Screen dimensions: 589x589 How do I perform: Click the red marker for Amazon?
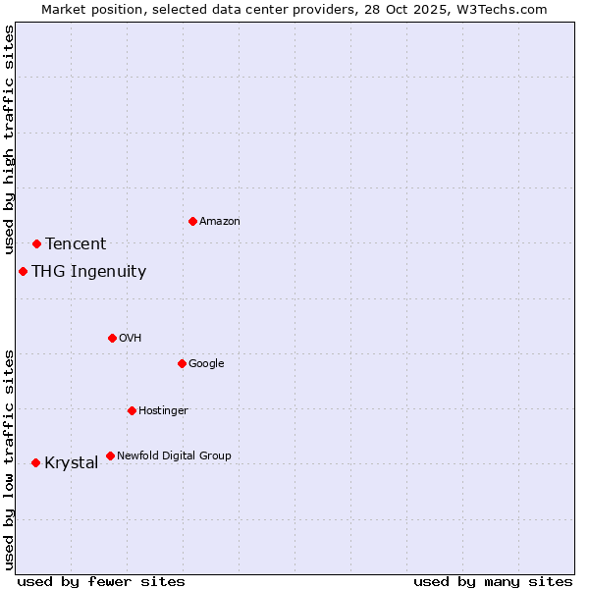(x=192, y=221)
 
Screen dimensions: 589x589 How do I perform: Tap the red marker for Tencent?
(x=36, y=243)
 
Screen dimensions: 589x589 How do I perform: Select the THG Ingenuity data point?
(x=23, y=271)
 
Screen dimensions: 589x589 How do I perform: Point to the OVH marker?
(x=112, y=338)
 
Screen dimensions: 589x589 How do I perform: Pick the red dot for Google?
(x=182, y=363)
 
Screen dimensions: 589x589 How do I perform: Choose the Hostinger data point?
(x=132, y=410)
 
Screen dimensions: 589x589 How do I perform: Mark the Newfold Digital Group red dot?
(x=110, y=455)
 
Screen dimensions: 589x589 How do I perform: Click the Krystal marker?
(x=35, y=462)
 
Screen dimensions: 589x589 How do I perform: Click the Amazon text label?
(x=220, y=221)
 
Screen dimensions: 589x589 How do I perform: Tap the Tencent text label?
(x=76, y=243)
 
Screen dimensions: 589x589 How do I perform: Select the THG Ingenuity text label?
(x=89, y=272)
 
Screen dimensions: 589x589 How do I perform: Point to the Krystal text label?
(x=72, y=463)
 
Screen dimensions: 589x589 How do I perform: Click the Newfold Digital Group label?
(x=174, y=455)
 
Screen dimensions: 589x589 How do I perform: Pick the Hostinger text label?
(x=163, y=410)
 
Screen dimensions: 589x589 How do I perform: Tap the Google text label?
(x=206, y=363)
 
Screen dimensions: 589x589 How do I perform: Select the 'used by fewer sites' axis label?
(x=101, y=581)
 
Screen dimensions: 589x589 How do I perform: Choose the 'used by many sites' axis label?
(x=493, y=581)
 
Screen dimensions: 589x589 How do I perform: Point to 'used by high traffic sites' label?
(x=9, y=140)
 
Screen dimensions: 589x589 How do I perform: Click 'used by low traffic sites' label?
(x=9, y=459)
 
